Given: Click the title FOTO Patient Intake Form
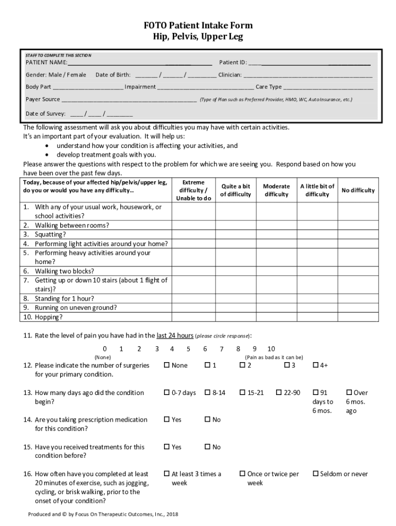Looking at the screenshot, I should click(197, 26).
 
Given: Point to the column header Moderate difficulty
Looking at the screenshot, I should click(276, 190).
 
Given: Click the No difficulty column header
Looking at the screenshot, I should click(358, 190).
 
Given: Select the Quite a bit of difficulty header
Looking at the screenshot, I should click(236, 190).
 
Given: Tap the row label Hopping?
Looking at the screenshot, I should click(48, 317).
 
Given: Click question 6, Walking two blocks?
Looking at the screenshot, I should click(64, 271).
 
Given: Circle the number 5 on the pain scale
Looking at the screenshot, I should click(188, 349).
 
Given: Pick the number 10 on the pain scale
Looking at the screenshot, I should click(271, 349).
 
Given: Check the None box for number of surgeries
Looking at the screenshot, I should click(167, 365).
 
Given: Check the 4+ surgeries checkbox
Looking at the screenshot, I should click(316, 365).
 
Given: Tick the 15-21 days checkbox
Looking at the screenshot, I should click(242, 392).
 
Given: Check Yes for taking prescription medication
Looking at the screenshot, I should click(167, 420).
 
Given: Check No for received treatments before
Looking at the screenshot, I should click(208, 447).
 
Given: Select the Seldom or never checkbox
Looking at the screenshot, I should click(316, 474).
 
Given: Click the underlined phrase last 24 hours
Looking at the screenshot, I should click(175, 335).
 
